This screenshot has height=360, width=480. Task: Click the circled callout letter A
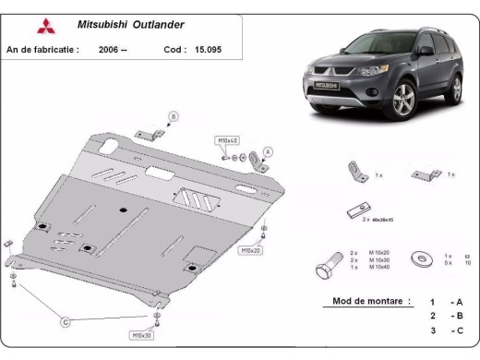coord(269,151)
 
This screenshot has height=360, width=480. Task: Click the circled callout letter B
coord(172,116)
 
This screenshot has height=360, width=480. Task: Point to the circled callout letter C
coord(66,321)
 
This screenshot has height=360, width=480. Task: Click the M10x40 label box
coord(227,140)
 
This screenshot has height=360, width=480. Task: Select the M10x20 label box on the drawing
coord(252,250)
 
